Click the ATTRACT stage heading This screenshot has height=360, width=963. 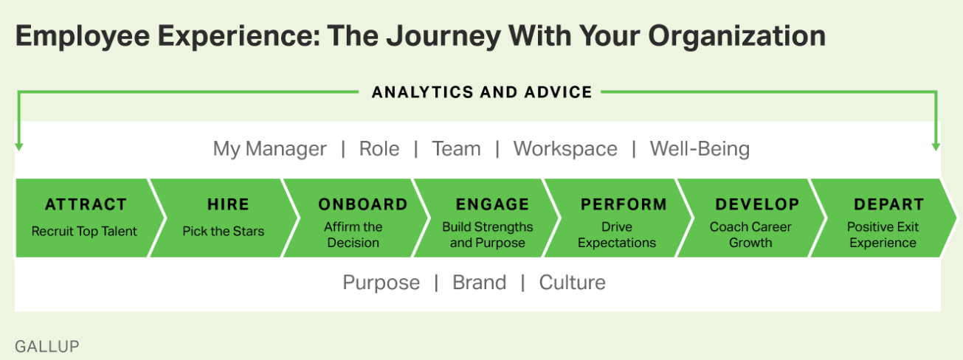[86, 204]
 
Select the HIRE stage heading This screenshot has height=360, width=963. [228, 204]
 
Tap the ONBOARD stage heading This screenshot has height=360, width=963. [363, 204]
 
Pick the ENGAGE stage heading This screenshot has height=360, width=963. [492, 204]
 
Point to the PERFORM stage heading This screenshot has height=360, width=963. [624, 204]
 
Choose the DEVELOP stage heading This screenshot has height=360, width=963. [757, 204]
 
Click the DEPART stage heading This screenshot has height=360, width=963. [889, 204]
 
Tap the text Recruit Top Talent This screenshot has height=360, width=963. [84, 231]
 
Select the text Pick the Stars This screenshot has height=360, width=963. [223, 231]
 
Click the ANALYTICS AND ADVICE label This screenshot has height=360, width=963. [482, 92]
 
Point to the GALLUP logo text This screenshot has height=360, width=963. [47, 346]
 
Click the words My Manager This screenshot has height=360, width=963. [269, 149]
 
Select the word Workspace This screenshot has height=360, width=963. [565, 149]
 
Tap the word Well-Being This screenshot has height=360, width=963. [700, 148]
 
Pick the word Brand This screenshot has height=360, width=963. [480, 283]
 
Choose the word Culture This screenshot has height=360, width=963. [572, 283]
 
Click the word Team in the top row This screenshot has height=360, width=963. [456, 149]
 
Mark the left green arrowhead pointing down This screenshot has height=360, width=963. [18, 147]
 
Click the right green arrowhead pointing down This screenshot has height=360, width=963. [936, 147]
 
